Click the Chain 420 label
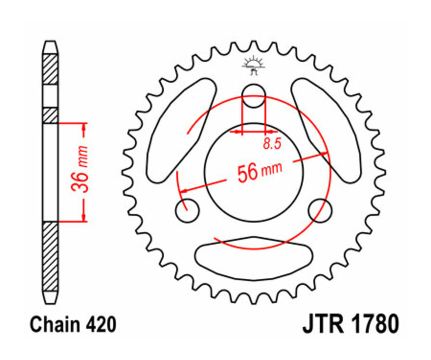(x=73, y=325)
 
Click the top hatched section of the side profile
(x=50, y=70)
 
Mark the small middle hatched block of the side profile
(x=50, y=115)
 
